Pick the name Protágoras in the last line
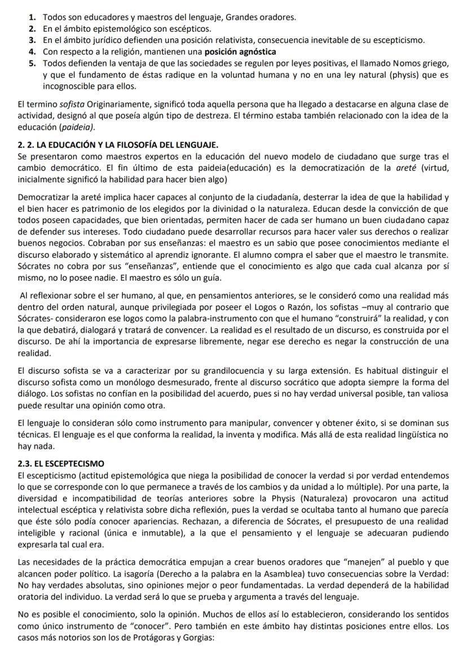(141, 644)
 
